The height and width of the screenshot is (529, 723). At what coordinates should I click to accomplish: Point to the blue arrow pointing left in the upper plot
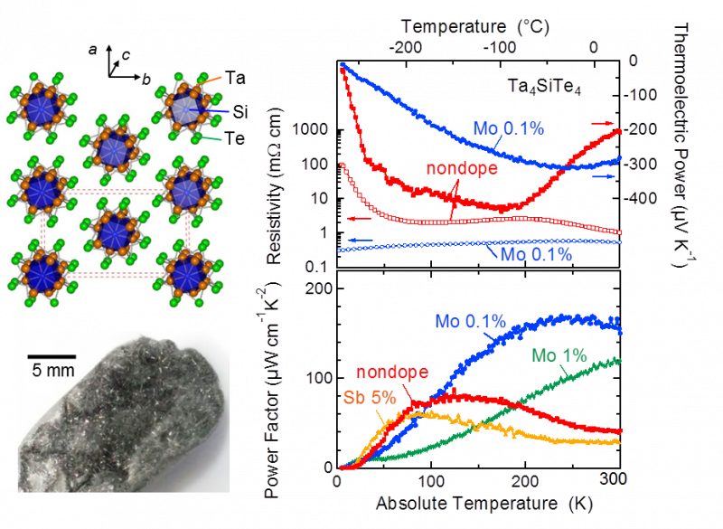click(361, 239)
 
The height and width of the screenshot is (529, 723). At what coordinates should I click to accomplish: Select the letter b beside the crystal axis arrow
click(146, 79)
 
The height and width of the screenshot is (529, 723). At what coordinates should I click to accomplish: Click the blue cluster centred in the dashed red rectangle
click(114, 231)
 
